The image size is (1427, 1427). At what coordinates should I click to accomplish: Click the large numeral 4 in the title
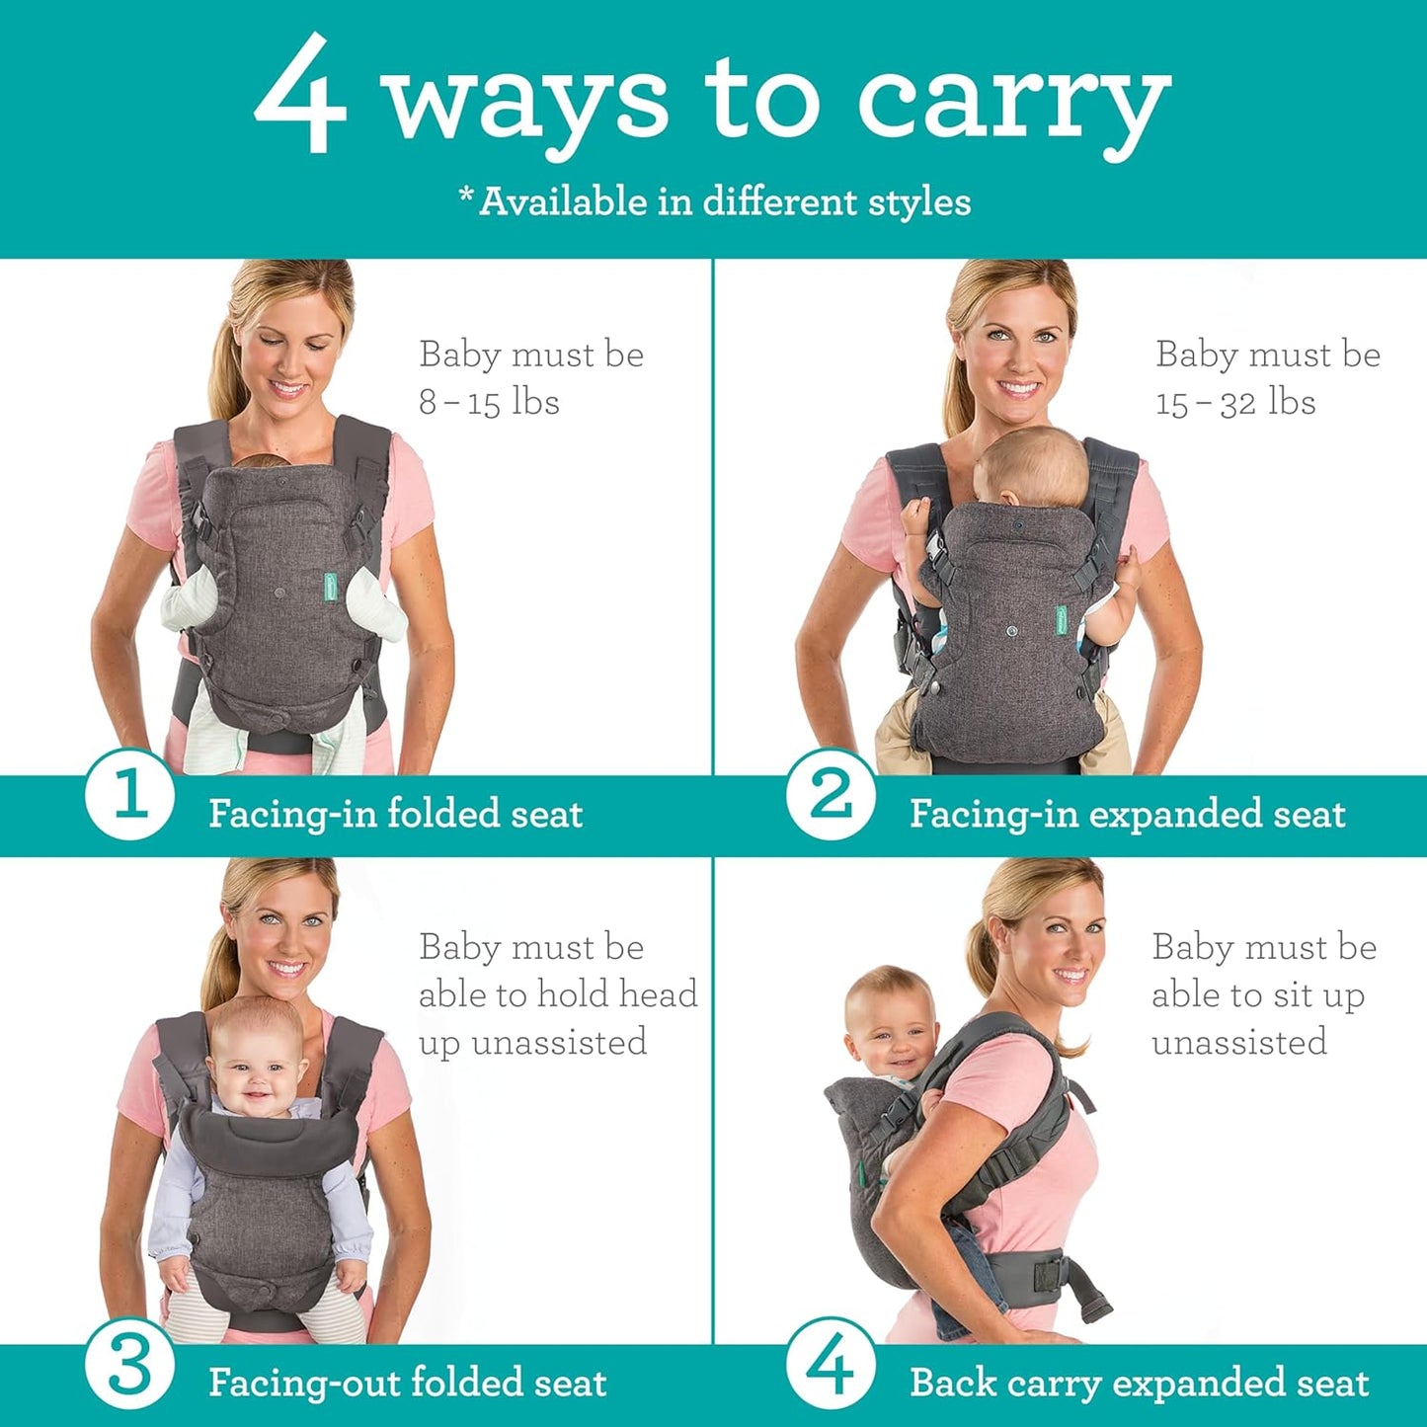(x=300, y=96)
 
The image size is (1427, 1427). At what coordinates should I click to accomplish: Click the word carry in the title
(x=1013, y=104)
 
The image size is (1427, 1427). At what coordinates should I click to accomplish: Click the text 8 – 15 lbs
(x=489, y=402)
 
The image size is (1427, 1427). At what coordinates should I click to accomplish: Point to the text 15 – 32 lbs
(x=1235, y=402)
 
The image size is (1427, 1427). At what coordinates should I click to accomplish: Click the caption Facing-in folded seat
(x=395, y=814)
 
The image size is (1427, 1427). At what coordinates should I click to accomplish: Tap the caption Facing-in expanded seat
(x=1127, y=814)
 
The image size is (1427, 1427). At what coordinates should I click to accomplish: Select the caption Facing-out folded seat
(x=407, y=1382)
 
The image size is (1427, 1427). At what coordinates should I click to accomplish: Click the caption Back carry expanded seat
(x=1139, y=1382)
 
